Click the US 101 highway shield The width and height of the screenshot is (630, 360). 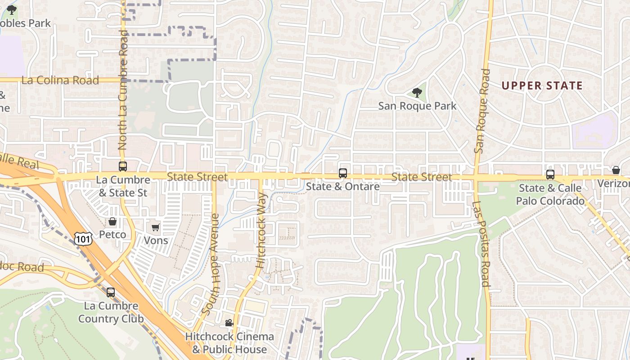(x=84, y=238)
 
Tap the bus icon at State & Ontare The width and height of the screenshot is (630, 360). (x=343, y=173)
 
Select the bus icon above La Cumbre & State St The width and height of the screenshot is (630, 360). (x=122, y=166)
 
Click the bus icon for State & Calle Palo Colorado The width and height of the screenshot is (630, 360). (x=550, y=175)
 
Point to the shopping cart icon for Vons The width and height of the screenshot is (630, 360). (x=156, y=228)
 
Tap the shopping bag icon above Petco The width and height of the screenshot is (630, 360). (x=112, y=221)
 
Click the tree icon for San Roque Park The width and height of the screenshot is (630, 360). (x=417, y=93)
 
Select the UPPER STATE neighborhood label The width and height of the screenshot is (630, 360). (x=542, y=85)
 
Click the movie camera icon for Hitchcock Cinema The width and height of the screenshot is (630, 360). (x=229, y=323)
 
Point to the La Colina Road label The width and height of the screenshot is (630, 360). (x=60, y=81)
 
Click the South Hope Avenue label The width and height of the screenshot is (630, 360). (x=211, y=264)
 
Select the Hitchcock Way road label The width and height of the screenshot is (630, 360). (x=261, y=230)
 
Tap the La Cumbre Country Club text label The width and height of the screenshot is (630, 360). (x=111, y=312)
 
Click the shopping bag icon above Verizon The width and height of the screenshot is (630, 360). (x=616, y=170)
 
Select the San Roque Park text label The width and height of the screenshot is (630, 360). (x=417, y=106)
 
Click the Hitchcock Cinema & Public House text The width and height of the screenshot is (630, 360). (x=229, y=343)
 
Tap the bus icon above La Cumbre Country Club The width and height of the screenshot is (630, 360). (x=111, y=292)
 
